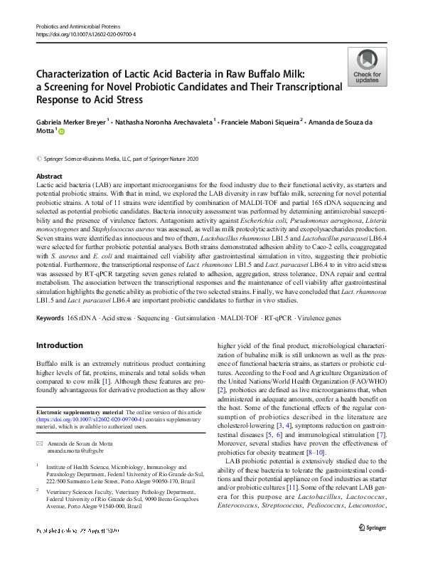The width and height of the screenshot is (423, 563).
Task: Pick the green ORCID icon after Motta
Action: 62,131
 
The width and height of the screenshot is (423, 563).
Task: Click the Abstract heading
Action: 49,176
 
